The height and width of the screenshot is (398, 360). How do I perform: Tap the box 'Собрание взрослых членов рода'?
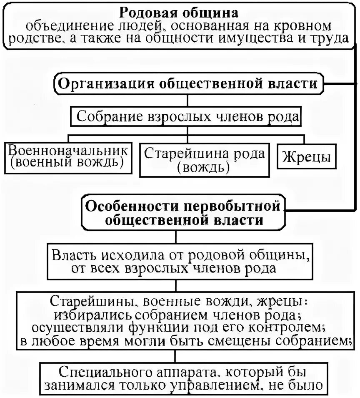pyautogui.click(x=186, y=116)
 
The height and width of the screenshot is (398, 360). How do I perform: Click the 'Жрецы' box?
pyautogui.click(x=306, y=157)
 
